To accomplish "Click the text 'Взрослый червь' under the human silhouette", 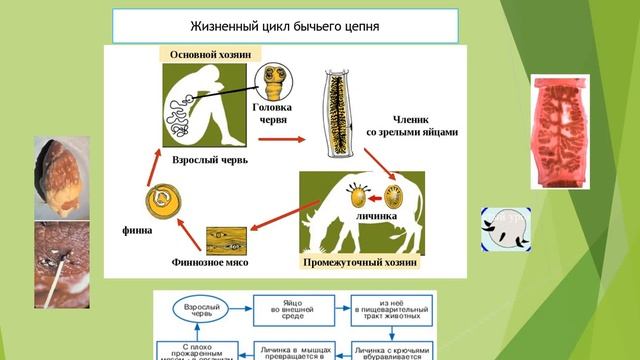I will click(x=203, y=159).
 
